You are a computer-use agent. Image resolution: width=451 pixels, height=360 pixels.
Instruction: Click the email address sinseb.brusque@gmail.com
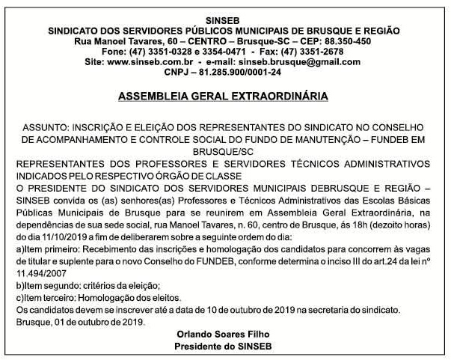coord(292,64)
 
